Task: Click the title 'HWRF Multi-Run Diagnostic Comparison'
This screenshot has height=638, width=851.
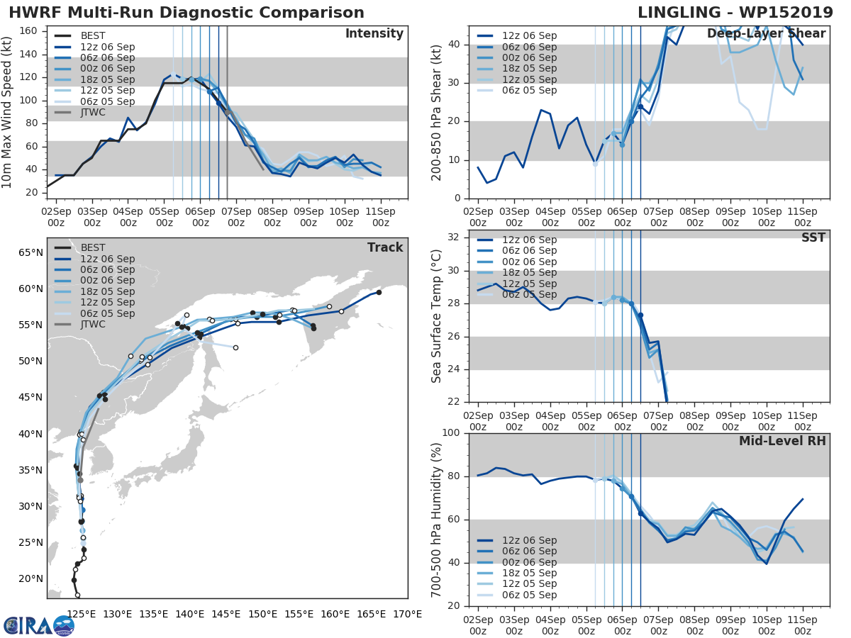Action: (x=187, y=13)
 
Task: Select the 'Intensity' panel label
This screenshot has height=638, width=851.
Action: (x=374, y=34)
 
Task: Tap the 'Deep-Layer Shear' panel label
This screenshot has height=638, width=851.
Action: (x=766, y=34)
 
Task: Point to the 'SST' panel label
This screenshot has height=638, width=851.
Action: (x=813, y=237)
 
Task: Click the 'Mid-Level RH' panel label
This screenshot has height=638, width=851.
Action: (x=782, y=441)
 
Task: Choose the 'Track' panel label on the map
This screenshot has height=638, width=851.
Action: (x=385, y=247)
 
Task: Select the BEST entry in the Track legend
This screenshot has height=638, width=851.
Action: (x=93, y=247)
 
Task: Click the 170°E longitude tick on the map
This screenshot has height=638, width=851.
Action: (x=407, y=614)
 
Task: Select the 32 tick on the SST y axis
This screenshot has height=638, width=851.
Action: (x=455, y=237)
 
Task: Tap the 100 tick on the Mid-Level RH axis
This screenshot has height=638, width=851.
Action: (x=452, y=432)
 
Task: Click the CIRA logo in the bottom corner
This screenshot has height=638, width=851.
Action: (x=39, y=625)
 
